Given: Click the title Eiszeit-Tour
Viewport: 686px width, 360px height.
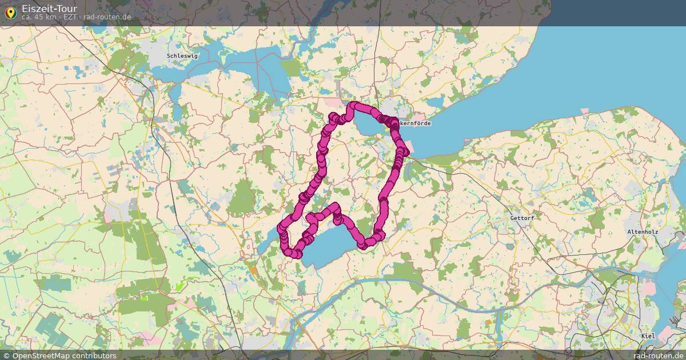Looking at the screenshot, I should [49, 9].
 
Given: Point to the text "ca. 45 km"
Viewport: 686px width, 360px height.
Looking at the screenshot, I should [39, 17].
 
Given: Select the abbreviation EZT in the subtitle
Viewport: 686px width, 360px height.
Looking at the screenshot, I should [71, 17].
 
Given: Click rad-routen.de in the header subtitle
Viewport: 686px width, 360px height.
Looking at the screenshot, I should [107, 17].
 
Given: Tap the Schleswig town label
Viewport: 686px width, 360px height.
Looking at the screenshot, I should [182, 56].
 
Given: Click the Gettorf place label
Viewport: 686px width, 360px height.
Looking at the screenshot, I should [521, 218].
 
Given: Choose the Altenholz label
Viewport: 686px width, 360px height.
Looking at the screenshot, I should [643, 232].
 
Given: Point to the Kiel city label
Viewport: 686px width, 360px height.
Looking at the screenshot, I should [648, 336].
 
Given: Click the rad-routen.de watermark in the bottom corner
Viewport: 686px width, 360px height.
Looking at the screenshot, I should [658, 355].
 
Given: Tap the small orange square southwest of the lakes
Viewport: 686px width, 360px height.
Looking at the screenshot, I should [253, 270].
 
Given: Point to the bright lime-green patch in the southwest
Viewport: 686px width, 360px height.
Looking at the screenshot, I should [181, 285].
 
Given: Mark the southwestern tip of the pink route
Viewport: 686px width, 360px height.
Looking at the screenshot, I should [297, 254].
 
